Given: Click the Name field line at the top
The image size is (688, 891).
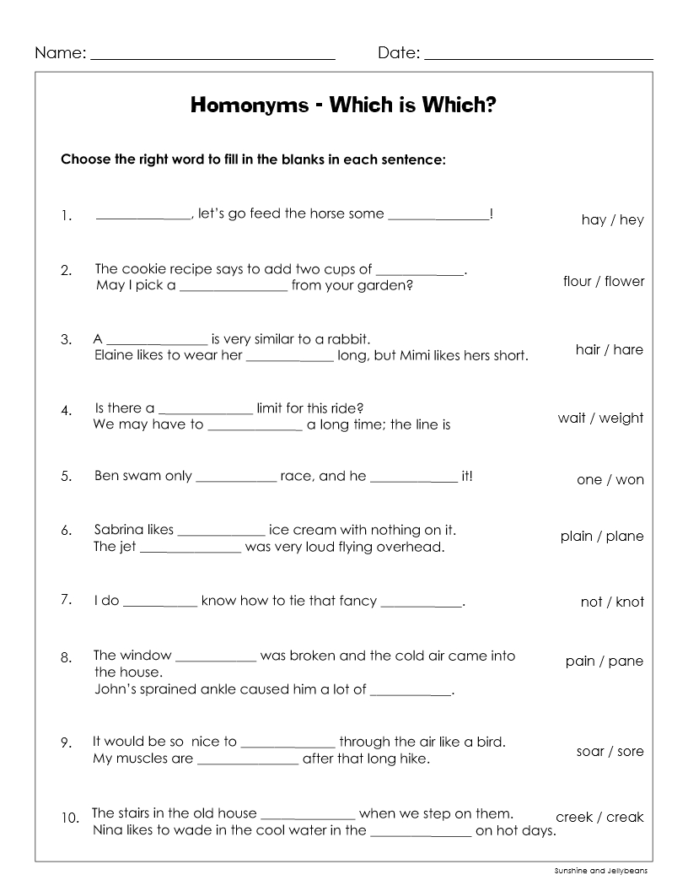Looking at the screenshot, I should point(212,57).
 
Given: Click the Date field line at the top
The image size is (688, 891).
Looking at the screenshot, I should point(539,57).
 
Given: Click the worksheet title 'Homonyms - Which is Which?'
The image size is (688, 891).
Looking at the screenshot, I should point(343,105).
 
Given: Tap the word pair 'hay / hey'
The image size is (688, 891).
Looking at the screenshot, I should point(612,220).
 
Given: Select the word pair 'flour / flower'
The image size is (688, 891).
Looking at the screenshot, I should point(603,282).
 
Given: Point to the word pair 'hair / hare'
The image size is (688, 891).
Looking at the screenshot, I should point(609,350).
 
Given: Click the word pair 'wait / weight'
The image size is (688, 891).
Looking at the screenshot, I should point(600,418).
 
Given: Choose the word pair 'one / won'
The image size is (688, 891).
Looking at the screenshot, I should point(610,480).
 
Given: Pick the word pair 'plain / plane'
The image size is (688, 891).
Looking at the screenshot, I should point(601,537).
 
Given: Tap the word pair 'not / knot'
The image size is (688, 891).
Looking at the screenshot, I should point(611,602).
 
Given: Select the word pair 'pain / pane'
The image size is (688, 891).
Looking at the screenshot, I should point(604,661).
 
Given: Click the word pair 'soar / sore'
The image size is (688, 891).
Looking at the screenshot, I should point(610,752).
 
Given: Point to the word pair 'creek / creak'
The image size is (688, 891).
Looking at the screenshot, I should point(599,818).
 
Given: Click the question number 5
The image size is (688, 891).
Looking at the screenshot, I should point(66,477).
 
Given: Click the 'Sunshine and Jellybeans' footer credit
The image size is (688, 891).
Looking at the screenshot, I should point(601,871).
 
